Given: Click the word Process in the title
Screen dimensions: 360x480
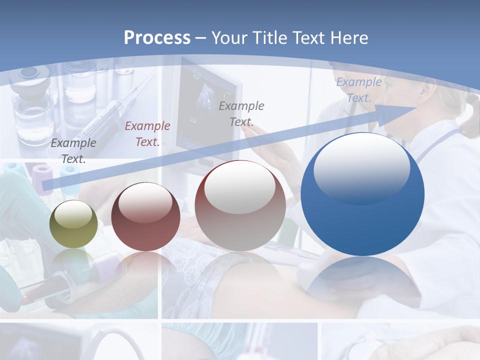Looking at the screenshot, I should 157,37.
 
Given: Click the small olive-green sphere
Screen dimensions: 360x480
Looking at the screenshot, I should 73,224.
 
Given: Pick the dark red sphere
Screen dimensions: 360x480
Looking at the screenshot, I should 145,217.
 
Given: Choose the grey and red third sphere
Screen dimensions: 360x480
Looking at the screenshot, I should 240,205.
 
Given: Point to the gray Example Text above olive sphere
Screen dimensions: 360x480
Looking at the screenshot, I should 73,150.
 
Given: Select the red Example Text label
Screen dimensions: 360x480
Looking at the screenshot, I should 147,133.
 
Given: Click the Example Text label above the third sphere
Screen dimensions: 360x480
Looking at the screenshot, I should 241,113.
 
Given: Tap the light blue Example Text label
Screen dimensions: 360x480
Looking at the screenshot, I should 359,90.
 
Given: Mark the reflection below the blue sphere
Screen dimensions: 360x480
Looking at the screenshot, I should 362,280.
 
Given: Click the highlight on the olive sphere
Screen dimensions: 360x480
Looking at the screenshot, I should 73,214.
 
